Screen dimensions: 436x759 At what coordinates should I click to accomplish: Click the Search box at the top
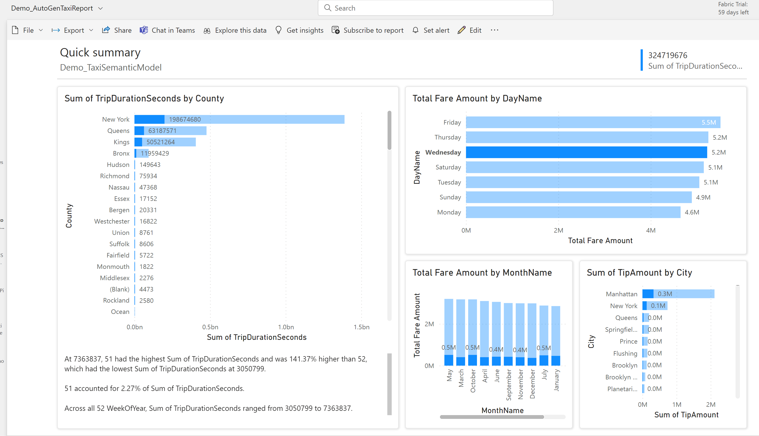435,8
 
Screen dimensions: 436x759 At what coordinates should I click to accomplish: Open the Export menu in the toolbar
72,30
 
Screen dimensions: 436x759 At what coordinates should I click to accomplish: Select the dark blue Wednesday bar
586,152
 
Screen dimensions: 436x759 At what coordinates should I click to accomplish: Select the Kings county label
121,142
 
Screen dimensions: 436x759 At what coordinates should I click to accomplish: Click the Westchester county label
112,221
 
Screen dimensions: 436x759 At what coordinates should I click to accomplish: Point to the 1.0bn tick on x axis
286,327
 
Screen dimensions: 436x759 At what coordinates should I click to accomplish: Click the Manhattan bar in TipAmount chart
678,294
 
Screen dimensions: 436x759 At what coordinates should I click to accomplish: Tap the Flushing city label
625,353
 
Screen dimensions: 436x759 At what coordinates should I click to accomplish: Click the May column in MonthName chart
449,332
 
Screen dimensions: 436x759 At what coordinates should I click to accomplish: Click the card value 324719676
667,55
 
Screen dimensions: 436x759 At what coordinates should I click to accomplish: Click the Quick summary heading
100,53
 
